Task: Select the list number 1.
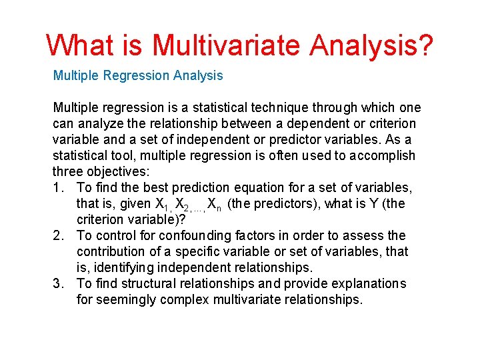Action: (x=57, y=187)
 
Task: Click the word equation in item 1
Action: (x=245, y=187)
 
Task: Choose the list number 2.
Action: (x=57, y=235)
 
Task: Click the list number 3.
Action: (x=57, y=283)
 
